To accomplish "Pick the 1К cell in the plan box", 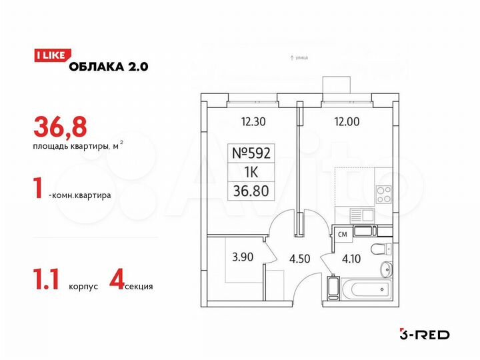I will pyautogui.click(x=252, y=172).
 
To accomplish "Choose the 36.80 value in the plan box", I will pyautogui.click(x=252, y=191).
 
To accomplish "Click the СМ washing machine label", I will pyautogui.click(x=342, y=234).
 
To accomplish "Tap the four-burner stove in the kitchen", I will pyautogui.click(x=384, y=193).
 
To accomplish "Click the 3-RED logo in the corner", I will pyautogui.click(x=424, y=333).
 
